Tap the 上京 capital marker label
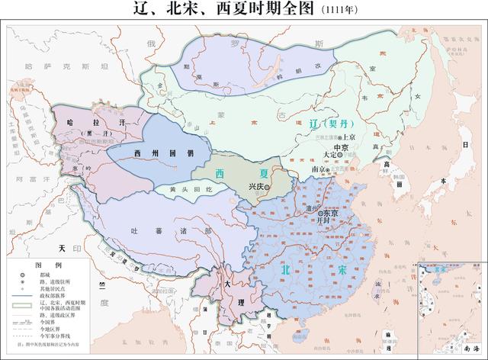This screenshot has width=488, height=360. [350, 129]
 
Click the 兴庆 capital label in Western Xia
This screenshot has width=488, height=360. [258, 186]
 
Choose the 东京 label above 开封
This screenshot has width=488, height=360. [330, 214]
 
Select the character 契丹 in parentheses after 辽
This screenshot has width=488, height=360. [335, 124]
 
